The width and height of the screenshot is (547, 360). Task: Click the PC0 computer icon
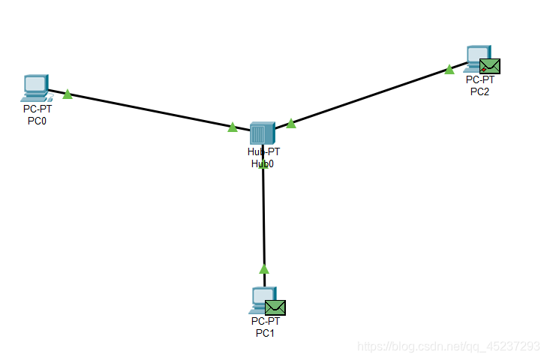[x=35, y=88]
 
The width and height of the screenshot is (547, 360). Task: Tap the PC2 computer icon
[x=476, y=58]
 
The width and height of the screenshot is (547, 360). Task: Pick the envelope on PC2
[x=490, y=67]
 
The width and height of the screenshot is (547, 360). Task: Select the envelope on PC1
[x=275, y=307]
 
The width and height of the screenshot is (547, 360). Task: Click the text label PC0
[x=37, y=121]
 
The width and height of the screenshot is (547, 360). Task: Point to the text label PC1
[x=265, y=333]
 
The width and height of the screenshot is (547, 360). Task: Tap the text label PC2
[x=479, y=91]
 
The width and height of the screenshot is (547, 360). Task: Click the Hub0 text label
[x=263, y=163]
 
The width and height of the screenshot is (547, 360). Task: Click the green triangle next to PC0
[x=67, y=94]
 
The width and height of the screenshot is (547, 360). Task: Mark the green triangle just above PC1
[x=263, y=268]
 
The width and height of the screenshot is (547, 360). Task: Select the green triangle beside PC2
[x=449, y=70]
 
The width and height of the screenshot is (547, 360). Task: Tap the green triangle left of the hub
[x=233, y=127]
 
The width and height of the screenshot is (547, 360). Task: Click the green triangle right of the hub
[x=291, y=124]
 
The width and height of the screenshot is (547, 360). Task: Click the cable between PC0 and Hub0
[x=150, y=111]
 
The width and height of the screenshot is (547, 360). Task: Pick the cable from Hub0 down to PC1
[x=263, y=217]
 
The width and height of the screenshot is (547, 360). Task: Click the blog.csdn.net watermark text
[x=449, y=346]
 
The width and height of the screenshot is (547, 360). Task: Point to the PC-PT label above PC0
[x=37, y=109]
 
